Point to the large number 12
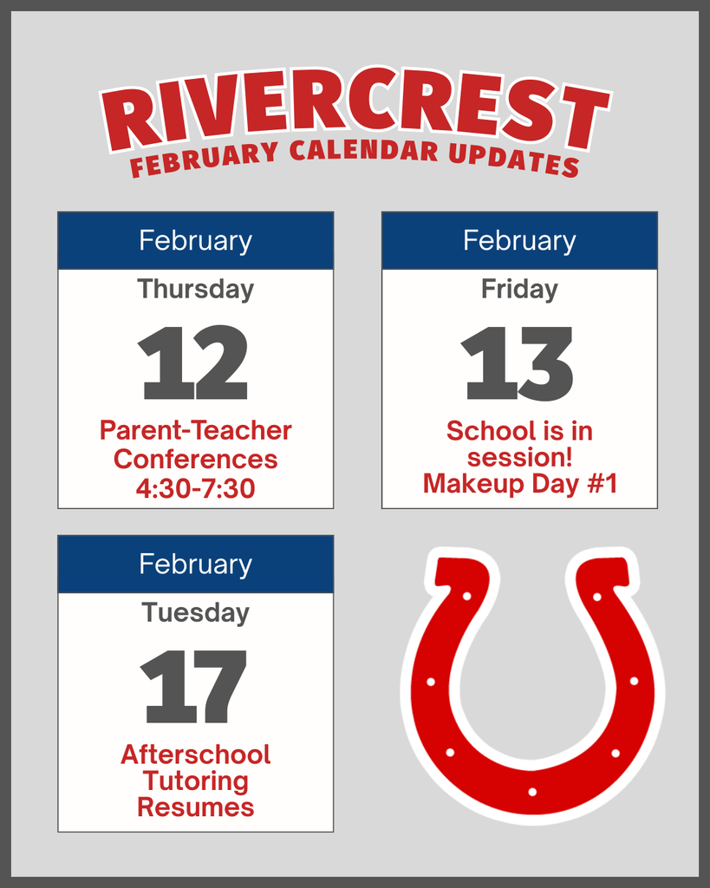pyautogui.click(x=193, y=362)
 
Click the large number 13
pyautogui.click(x=518, y=363)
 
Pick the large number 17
pyautogui.click(x=194, y=687)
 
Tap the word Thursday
pyautogui.click(x=195, y=289)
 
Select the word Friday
pyautogui.click(x=519, y=289)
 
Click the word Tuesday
pyautogui.click(x=195, y=613)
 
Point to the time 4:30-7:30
pyautogui.click(x=195, y=489)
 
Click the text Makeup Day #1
pyautogui.click(x=519, y=484)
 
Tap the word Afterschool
pyautogui.click(x=195, y=754)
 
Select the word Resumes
pyautogui.click(x=195, y=808)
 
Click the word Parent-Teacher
pyautogui.click(x=195, y=430)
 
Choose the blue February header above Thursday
pyautogui.click(x=195, y=240)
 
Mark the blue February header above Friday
pyautogui.click(x=519, y=240)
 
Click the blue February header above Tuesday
pyautogui.click(x=195, y=565)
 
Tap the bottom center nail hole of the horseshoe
pyautogui.click(x=532, y=792)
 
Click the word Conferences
pyautogui.click(x=195, y=459)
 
